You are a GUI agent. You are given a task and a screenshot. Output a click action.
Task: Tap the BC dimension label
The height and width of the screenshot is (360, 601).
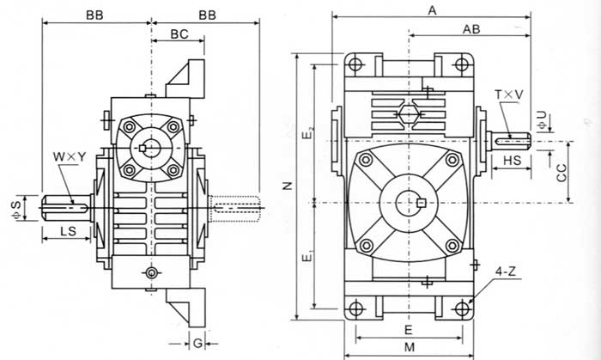click(179, 34)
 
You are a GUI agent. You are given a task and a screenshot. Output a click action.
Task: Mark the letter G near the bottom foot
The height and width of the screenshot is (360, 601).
click(197, 343)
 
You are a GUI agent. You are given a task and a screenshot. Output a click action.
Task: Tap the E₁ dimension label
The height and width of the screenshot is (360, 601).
click(308, 256)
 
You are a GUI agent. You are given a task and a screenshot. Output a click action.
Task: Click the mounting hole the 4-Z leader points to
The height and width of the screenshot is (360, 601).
click(464, 308)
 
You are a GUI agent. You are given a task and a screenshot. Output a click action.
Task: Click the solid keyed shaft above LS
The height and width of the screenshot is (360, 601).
click(64, 206)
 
